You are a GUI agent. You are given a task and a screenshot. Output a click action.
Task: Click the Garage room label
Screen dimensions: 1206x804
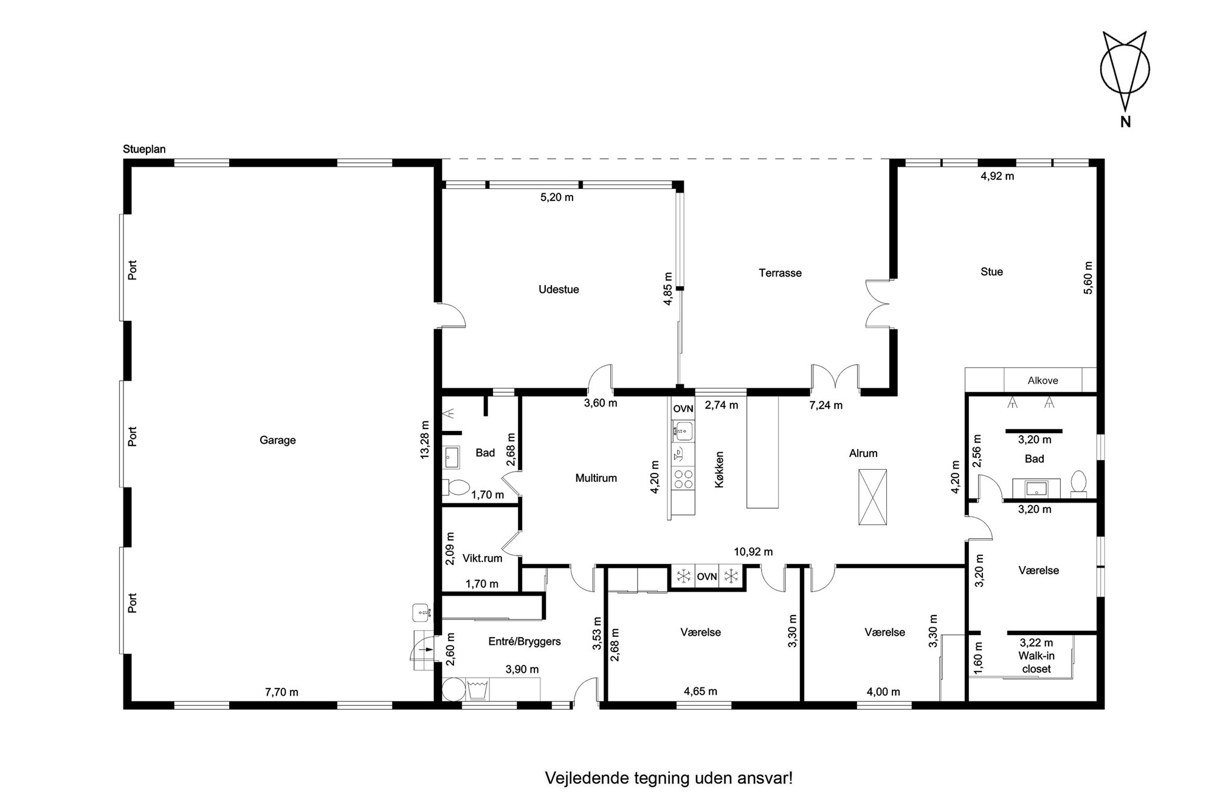(277, 440)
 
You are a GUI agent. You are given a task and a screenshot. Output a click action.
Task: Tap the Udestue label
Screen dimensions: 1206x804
(559, 289)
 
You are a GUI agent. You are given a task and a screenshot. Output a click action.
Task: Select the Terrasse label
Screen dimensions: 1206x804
(780, 273)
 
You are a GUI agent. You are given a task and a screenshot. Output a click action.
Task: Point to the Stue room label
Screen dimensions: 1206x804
(991, 272)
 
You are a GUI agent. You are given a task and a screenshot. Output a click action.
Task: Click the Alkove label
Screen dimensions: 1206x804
(1042, 380)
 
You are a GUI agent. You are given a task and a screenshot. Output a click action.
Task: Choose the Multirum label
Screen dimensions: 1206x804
(596, 478)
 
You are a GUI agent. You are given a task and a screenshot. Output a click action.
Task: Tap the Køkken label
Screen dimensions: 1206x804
(719, 469)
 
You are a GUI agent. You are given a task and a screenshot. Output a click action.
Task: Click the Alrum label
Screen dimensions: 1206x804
(863, 453)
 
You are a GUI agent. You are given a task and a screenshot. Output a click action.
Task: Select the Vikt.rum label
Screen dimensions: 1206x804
(482, 558)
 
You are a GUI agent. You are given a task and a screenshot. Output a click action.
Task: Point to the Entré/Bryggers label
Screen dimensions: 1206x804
(525, 641)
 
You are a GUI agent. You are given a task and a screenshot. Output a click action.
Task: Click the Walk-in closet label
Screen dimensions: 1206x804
(1036, 662)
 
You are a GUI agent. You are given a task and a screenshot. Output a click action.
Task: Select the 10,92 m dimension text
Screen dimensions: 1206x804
(753, 552)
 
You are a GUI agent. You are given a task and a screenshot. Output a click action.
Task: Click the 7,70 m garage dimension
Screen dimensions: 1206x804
(281, 692)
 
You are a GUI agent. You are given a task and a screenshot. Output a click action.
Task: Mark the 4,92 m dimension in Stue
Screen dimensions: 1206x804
(998, 176)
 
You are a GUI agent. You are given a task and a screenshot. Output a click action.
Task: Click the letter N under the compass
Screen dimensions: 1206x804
(1125, 122)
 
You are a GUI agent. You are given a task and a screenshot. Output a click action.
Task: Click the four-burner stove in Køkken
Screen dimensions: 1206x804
(684, 479)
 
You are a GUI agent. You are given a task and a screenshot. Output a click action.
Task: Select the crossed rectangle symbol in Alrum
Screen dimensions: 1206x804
(872, 497)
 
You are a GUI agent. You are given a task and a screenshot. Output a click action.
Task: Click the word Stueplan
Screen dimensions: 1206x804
(144, 149)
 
